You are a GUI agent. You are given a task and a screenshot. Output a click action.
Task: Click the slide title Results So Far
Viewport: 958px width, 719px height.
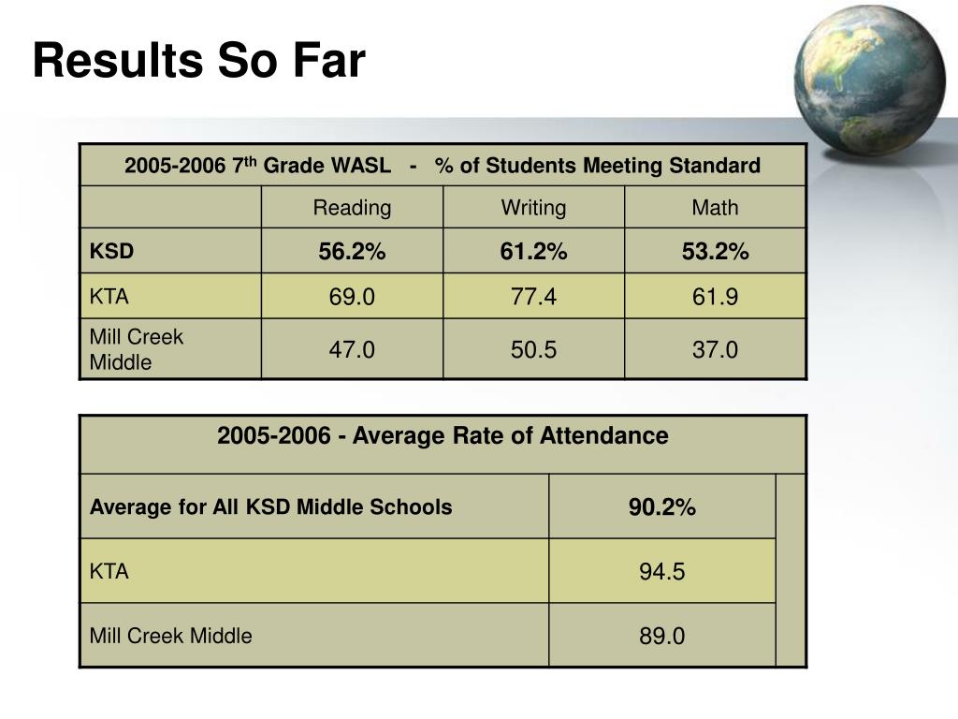(x=198, y=62)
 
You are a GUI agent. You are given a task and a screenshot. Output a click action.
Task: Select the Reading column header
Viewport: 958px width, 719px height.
(x=352, y=208)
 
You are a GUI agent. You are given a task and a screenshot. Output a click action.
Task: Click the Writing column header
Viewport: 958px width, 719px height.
(x=533, y=208)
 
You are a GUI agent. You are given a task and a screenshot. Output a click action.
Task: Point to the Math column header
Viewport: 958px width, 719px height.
(x=715, y=208)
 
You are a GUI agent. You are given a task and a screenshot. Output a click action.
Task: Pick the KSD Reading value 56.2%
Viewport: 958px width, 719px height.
(x=352, y=252)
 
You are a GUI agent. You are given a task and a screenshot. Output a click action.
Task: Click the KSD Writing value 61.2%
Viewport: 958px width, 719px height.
(x=533, y=252)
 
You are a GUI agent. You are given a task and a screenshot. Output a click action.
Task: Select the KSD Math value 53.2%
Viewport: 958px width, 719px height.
(x=715, y=252)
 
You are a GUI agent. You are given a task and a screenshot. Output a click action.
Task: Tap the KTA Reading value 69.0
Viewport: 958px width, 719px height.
(x=352, y=298)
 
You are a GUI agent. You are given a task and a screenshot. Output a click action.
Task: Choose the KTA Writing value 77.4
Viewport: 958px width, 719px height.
(x=533, y=298)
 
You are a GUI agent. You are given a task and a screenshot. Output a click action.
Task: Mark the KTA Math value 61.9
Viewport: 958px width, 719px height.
(x=715, y=298)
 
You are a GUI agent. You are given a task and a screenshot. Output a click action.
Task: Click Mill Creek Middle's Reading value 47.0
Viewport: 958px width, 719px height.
(x=352, y=350)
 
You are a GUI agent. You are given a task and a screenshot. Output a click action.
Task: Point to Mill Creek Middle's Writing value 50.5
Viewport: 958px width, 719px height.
(x=533, y=350)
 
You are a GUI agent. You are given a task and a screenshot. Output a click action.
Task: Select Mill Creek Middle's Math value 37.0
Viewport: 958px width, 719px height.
(x=715, y=350)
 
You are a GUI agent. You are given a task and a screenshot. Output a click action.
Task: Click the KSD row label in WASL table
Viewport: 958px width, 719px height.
(x=111, y=252)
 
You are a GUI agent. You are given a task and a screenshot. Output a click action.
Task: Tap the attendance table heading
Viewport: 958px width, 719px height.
(x=443, y=436)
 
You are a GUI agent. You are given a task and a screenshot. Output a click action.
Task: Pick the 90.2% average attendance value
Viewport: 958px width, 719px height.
(x=661, y=508)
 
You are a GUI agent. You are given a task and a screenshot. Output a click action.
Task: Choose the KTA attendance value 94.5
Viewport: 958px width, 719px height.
(x=661, y=572)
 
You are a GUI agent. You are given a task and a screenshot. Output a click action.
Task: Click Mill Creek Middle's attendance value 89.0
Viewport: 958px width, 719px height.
(x=661, y=637)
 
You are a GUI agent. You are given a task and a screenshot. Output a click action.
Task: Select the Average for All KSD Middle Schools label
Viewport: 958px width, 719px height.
(x=270, y=507)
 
